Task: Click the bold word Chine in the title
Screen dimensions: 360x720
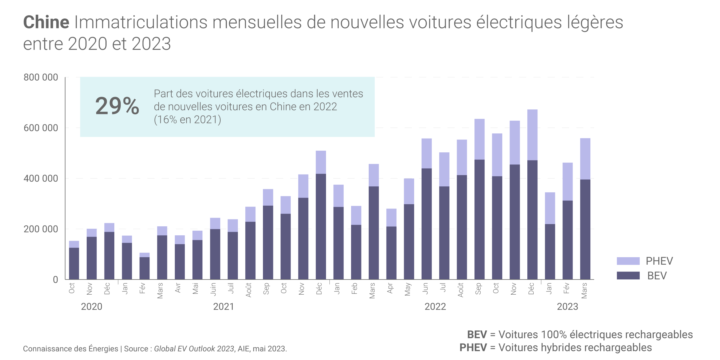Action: [46, 22]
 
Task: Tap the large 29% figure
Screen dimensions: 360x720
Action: [117, 106]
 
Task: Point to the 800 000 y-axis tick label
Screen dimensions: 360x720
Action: [41, 77]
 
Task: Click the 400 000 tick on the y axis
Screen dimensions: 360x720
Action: [41, 179]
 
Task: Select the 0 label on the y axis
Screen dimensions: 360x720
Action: [56, 280]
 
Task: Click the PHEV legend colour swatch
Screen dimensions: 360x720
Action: [628, 261]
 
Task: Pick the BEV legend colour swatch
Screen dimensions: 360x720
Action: [628, 276]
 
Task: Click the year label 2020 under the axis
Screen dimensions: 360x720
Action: [92, 307]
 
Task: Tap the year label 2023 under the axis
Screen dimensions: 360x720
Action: [567, 307]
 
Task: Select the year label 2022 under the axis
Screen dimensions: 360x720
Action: [435, 307]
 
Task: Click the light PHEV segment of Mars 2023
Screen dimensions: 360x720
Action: [585, 159]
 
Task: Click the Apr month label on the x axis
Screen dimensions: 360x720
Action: [390, 288]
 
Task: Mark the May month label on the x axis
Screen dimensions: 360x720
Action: [408, 289]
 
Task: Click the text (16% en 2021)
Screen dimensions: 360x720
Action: [187, 120]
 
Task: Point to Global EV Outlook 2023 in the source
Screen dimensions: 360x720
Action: [194, 349]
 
